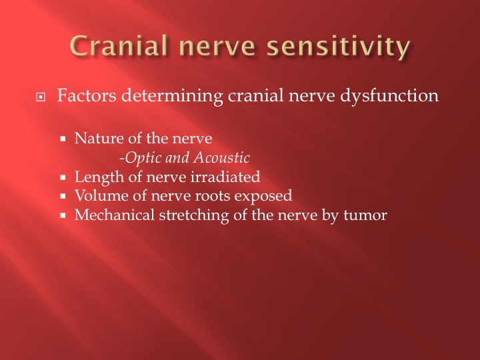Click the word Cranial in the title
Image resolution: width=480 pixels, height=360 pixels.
[119, 45]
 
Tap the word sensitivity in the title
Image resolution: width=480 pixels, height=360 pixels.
[338, 48]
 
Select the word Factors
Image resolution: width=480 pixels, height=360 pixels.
[87, 95]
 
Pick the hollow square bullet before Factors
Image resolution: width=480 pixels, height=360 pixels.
[41, 97]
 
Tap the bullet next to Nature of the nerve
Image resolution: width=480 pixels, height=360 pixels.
[63, 139]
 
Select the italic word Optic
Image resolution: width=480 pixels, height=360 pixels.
[143, 158]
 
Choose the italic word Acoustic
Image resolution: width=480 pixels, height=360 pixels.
[221, 157]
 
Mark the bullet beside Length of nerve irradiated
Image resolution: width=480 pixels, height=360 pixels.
[63, 177]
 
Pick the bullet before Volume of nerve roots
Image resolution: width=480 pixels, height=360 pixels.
[63, 196]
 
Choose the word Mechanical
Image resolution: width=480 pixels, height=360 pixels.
[115, 215]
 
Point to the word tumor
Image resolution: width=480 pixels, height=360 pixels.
[365, 216]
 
